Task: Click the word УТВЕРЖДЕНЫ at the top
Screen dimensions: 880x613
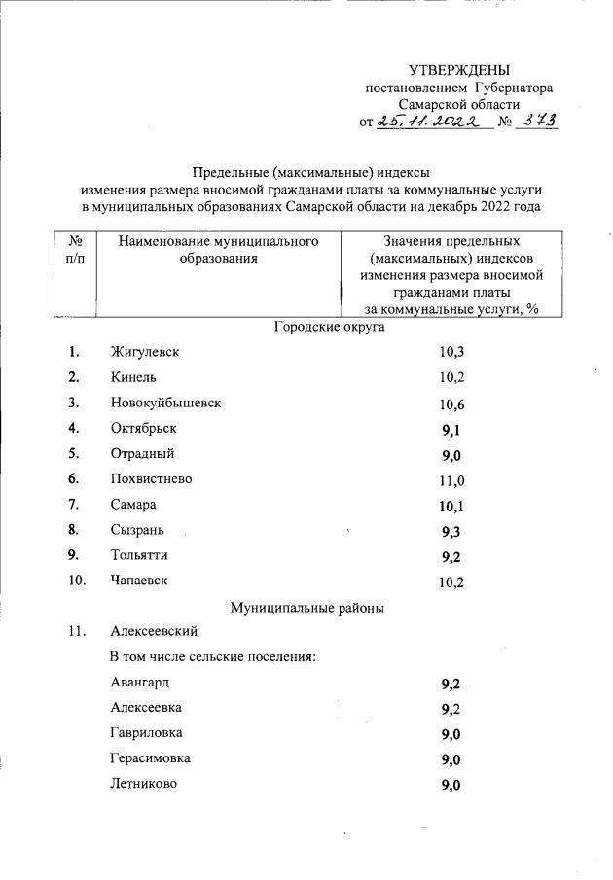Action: [458, 70]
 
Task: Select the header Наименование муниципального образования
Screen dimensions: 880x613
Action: [219, 249]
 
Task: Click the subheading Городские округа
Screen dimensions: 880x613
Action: [329, 327]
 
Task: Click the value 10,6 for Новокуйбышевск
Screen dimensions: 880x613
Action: [451, 404]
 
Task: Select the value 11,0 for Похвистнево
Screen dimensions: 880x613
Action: [451, 480]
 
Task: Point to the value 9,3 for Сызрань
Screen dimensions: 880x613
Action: [450, 532]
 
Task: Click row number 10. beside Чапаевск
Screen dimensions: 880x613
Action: [77, 581]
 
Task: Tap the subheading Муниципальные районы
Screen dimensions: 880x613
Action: [306, 608]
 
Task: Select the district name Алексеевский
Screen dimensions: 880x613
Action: [156, 632]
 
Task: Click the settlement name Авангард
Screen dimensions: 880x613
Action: [140, 683]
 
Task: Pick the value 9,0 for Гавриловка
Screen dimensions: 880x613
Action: [450, 734]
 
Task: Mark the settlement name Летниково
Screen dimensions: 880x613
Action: [144, 784]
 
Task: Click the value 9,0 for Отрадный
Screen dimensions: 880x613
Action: [450, 455]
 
